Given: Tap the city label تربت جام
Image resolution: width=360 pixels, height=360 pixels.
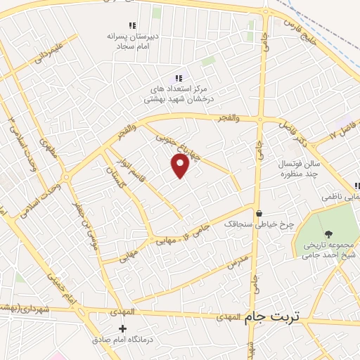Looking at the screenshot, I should (x=271, y=317).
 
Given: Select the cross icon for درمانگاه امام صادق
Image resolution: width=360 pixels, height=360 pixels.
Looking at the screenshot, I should (x=123, y=328).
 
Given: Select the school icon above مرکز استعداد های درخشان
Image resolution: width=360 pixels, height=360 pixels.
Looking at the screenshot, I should (x=179, y=78).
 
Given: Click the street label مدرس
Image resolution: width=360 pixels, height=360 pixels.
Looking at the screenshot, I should (x=238, y=264).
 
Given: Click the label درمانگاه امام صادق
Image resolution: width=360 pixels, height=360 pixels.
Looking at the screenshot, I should (x=123, y=340).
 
